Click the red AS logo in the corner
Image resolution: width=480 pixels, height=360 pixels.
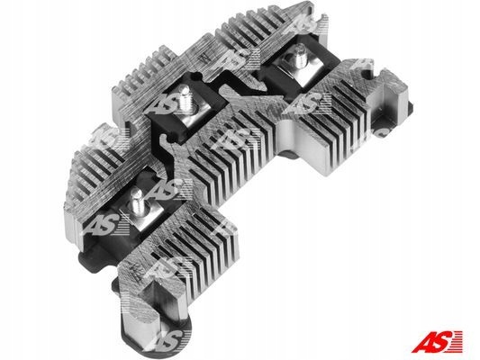point(437,342)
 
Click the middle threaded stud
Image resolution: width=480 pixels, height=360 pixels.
point(186,98)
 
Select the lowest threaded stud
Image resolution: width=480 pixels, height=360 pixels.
point(137,201)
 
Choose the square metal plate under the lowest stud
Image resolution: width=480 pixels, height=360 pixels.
point(141,214)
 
